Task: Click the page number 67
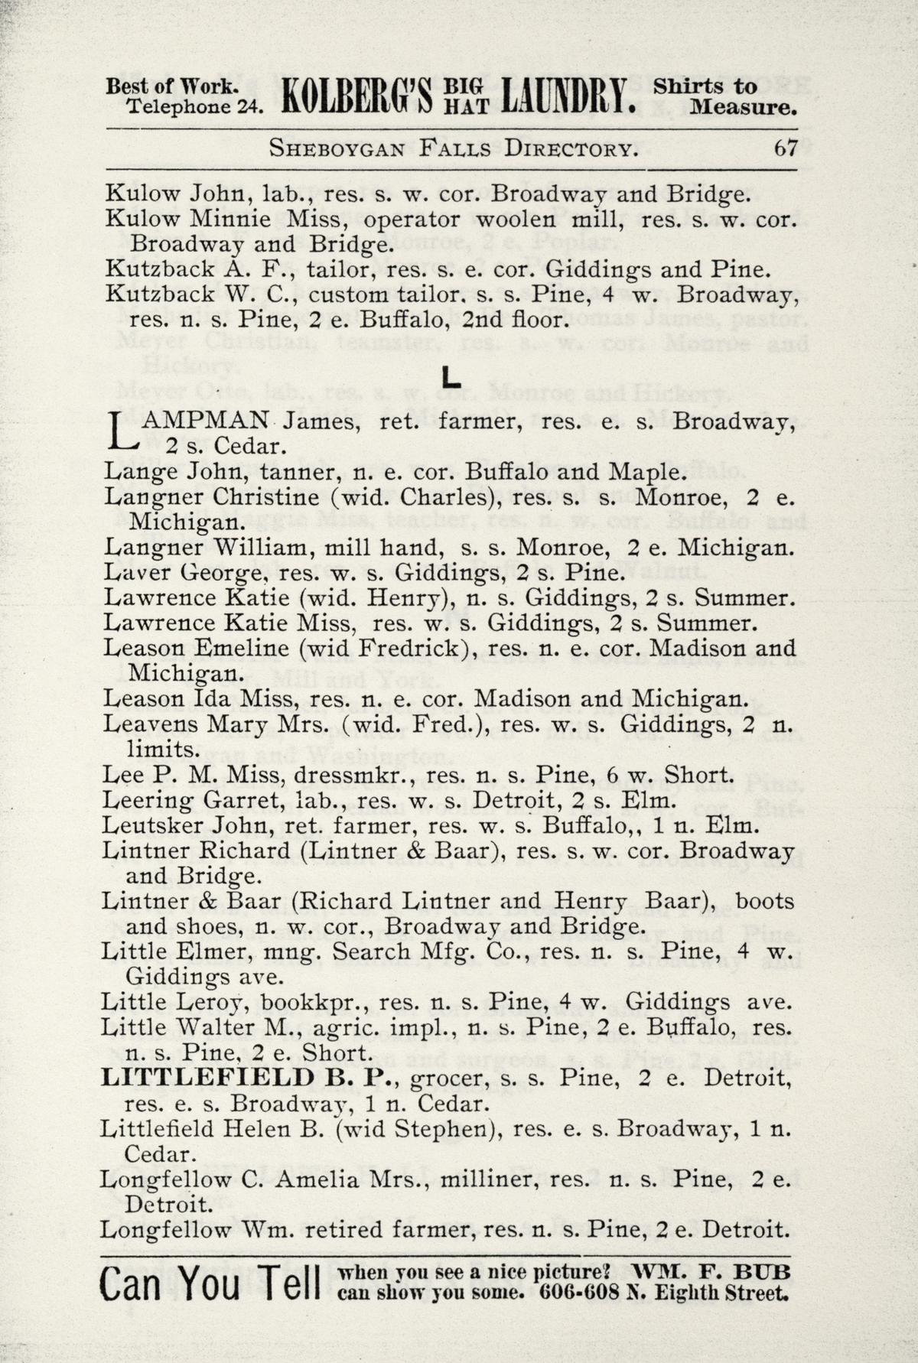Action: pyautogui.click(x=786, y=148)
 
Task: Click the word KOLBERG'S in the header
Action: pyautogui.click(x=357, y=98)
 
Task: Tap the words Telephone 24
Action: pyautogui.click(x=194, y=107)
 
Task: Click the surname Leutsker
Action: pyautogui.click(x=151, y=826)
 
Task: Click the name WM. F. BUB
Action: pyautogui.click(x=711, y=1272)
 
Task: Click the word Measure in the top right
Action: pyautogui.click(x=743, y=108)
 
